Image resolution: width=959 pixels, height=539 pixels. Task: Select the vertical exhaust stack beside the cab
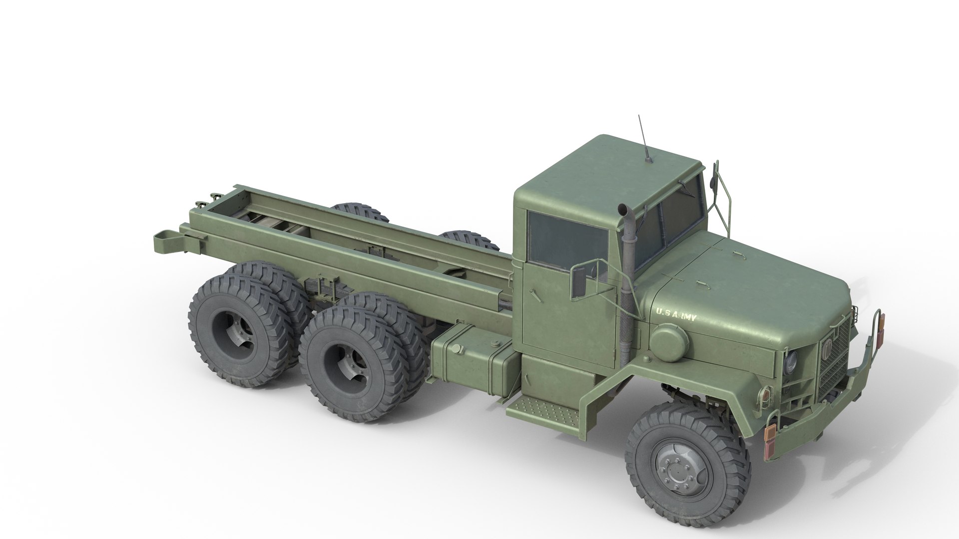point(624,279)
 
